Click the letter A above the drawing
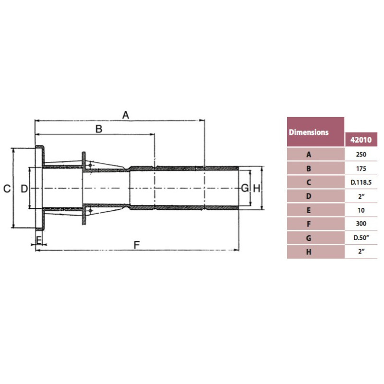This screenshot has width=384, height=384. [126, 115]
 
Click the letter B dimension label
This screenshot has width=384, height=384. [99, 129]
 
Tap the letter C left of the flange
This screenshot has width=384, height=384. [7, 189]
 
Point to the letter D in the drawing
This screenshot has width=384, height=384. [24, 189]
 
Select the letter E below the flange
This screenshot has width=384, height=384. [39, 240]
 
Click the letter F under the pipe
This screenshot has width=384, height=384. [137, 245]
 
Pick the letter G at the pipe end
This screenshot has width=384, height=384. [245, 188]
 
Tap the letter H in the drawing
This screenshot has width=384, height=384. [256, 189]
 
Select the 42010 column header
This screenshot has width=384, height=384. [361, 140]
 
